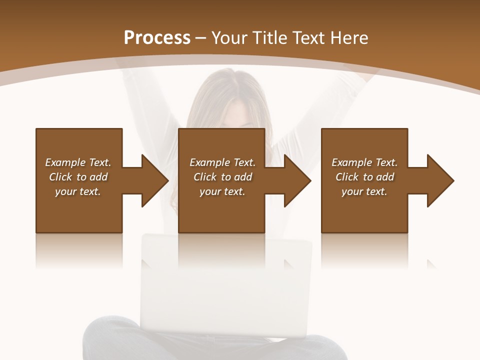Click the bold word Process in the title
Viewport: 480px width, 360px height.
click(157, 38)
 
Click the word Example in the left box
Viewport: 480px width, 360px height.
click(65, 162)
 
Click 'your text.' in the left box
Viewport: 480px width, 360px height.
click(78, 191)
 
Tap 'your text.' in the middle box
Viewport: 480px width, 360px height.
click(222, 191)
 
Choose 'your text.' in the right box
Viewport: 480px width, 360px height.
click(364, 191)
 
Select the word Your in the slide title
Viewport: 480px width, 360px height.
click(228, 38)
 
